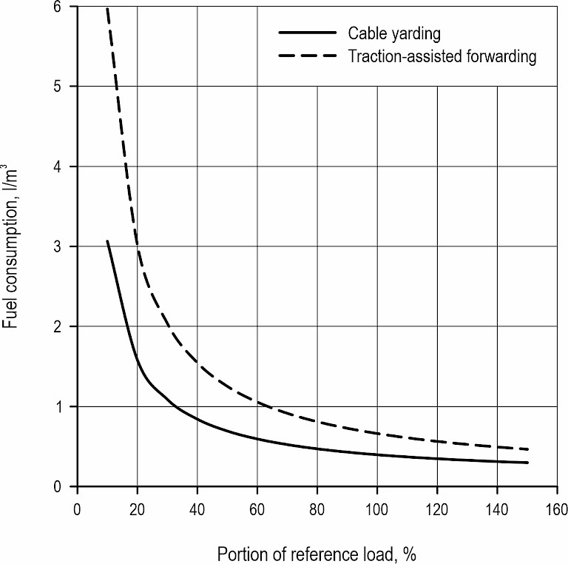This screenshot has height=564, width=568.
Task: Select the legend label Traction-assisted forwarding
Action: pyautogui.click(x=442, y=56)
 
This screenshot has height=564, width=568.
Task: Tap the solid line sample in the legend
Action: pyautogui.click(x=305, y=33)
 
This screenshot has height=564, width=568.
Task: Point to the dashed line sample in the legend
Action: pyautogui.click(x=305, y=56)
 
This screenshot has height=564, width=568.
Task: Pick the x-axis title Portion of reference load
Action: pyautogui.click(x=318, y=553)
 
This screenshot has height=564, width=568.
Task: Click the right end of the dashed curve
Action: pyautogui.click(x=528, y=449)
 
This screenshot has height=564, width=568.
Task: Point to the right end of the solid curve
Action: pyautogui.click(x=528, y=463)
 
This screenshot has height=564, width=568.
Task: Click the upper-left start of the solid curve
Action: pyautogui.click(x=107, y=241)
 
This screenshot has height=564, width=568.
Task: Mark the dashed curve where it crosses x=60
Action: pyautogui.click(x=257, y=402)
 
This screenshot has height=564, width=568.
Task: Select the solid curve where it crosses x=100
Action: pyautogui.click(x=377, y=454)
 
